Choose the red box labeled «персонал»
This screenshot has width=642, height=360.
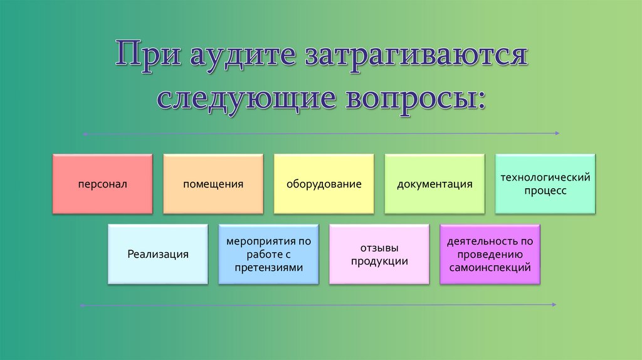(x=103, y=184)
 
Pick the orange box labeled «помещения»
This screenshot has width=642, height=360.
(x=213, y=184)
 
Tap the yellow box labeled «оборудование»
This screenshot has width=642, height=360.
(x=324, y=184)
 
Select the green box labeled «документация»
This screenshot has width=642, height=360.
(x=434, y=184)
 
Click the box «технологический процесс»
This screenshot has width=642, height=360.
(x=545, y=184)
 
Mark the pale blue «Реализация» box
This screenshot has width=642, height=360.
(x=158, y=254)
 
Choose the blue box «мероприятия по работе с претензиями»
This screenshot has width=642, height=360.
(x=268, y=254)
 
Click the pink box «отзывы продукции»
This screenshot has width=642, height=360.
(x=379, y=254)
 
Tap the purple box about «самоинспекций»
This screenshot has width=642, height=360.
(x=490, y=254)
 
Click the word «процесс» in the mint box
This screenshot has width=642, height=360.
(x=545, y=191)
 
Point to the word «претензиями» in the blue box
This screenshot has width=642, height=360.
(x=268, y=267)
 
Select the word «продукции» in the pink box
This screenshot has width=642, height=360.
(x=379, y=262)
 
